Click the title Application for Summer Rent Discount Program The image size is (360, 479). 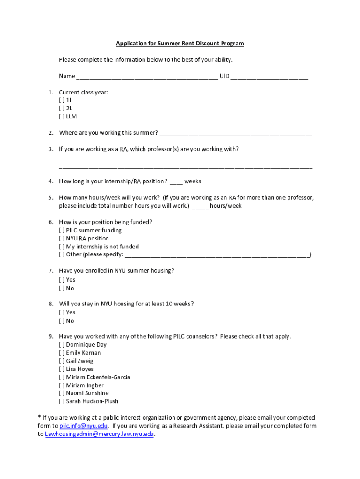click(180, 44)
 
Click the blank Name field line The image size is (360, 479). click(147, 77)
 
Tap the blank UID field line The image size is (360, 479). click(269, 77)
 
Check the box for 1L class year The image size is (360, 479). click(62, 100)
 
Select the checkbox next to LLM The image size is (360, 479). click(62, 116)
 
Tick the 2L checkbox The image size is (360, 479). click(62, 108)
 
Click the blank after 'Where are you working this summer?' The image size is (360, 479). click(236, 133)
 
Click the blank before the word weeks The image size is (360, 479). click(176, 182)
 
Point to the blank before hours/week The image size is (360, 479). click(200, 206)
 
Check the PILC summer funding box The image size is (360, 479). click(62, 230)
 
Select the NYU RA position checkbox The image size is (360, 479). click(62, 239)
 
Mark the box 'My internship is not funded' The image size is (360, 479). click(62, 247)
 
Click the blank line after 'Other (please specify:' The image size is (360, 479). click(217, 255)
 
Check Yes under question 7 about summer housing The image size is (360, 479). click(62, 280)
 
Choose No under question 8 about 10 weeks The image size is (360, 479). click(62, 321)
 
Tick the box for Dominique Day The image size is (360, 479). click(62, 345)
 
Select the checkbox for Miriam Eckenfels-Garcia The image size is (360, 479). click(62, 377)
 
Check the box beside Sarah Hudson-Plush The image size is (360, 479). click(62, 401)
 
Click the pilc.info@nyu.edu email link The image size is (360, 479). click(84, 426)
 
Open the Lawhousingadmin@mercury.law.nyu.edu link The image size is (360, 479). click(99, 434)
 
